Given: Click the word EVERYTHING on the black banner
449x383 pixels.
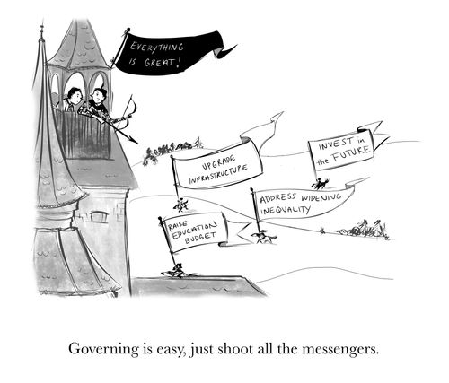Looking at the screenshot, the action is [156, 48].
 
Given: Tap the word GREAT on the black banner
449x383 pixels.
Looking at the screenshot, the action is [159, 63].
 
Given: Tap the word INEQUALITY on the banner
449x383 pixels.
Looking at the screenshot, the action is [285, 210].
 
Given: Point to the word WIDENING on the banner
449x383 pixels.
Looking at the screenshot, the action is [321, 197].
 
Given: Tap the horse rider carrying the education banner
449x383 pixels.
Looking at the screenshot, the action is [177, 270].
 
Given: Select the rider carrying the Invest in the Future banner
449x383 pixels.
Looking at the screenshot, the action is [321, 184].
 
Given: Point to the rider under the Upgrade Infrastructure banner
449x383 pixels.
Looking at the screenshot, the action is [180, 205].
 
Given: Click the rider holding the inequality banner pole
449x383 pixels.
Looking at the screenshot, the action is [263, 237].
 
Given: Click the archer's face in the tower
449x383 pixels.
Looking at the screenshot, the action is [98, 95].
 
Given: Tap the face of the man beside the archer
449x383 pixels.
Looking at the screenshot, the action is [76, 96].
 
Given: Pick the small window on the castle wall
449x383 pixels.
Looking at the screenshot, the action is [99, 216].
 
